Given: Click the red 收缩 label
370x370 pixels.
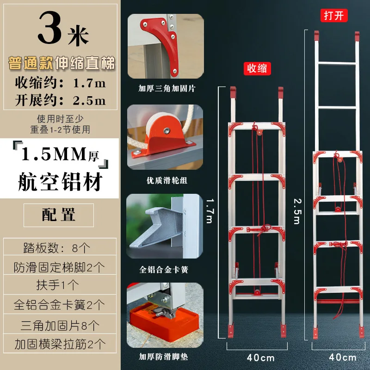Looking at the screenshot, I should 257,68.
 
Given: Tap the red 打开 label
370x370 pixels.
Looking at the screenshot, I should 335,15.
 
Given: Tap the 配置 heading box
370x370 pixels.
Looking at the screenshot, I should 59,215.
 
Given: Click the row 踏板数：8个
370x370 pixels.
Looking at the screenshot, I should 59,247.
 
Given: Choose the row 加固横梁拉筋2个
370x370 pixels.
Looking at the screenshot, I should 59,344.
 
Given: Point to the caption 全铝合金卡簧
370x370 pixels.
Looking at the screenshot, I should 165,269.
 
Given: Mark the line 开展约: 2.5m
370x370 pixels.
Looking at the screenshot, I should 59,100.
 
